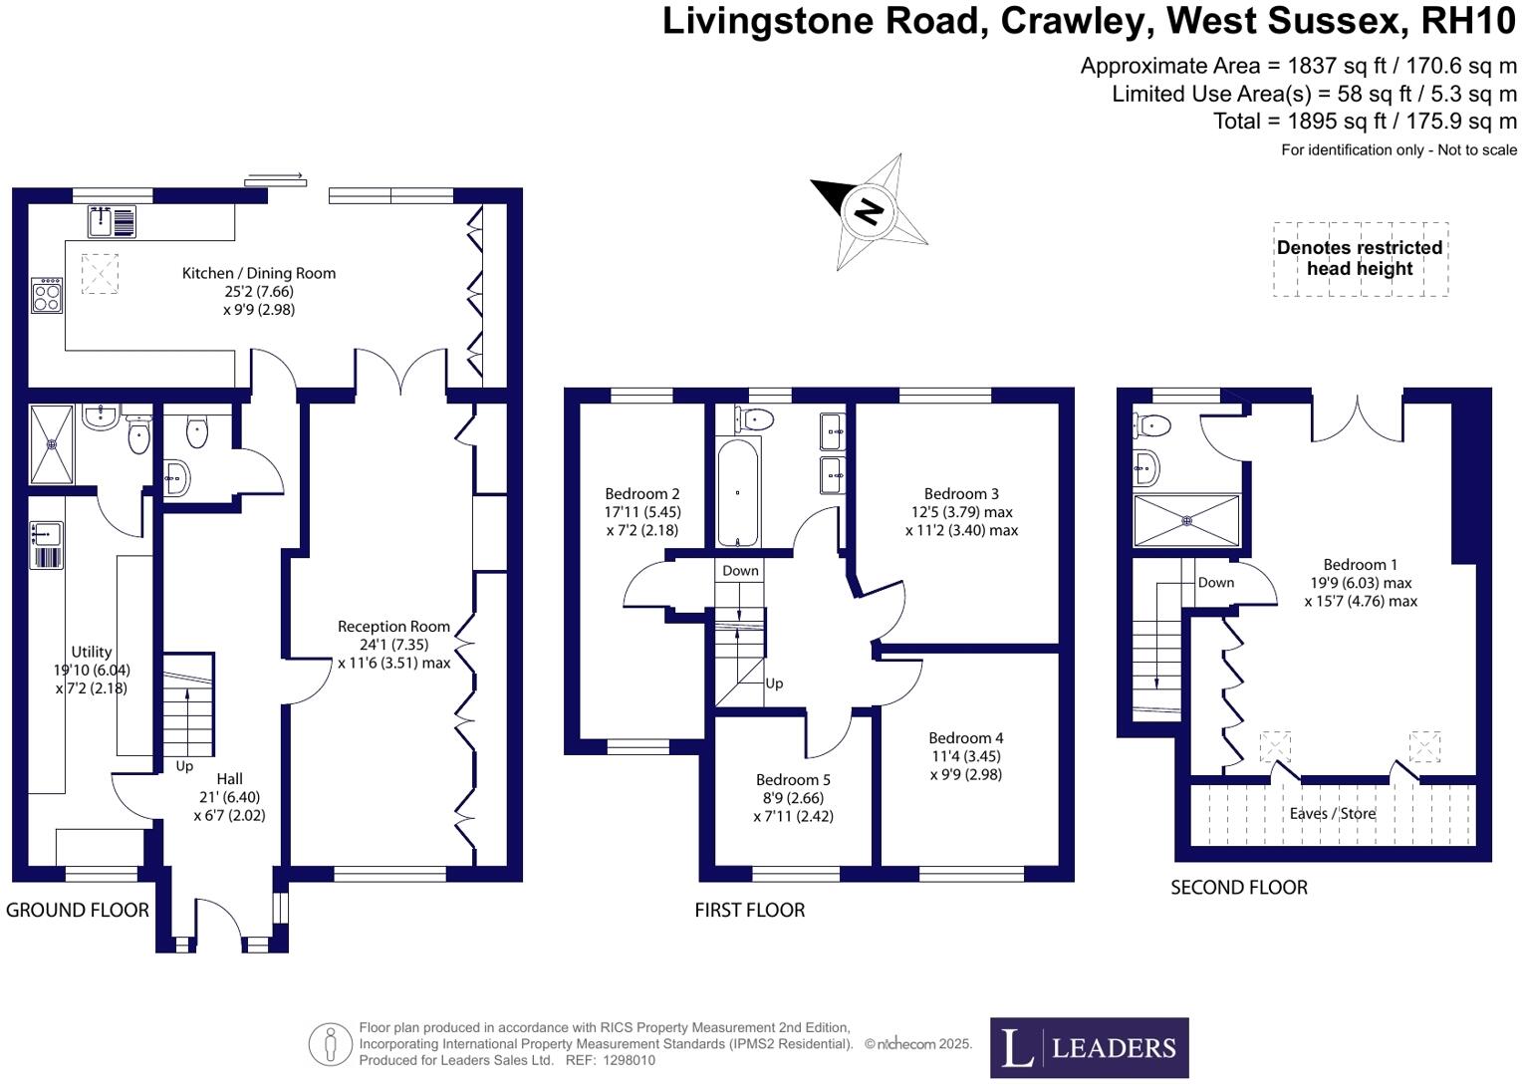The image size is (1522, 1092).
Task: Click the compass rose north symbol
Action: [870, 210]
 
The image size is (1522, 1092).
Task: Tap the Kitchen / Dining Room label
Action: [258, 273]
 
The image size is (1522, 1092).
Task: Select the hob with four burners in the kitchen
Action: [47, 296]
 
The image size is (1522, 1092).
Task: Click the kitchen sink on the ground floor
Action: [112, 221]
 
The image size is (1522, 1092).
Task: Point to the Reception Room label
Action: [393, 627]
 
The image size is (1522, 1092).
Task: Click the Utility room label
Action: [91, 653]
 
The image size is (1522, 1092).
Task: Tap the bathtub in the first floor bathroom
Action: [738, 491]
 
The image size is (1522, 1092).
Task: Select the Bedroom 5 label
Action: [793, 780]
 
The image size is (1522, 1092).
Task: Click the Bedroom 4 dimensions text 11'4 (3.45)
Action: [965, 756]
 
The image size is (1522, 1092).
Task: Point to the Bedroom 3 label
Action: [961, 494]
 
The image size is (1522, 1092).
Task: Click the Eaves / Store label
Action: [1332, 813]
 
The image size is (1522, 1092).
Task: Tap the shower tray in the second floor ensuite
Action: [1186, 521]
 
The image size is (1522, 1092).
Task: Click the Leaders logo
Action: [1089, 1047]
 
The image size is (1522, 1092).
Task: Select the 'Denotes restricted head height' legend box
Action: [1360, 259]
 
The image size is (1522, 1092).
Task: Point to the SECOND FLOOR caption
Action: [1238, 888]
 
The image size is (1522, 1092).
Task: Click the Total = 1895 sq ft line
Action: [1364, 122]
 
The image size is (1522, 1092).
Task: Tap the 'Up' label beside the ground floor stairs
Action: [184, 766]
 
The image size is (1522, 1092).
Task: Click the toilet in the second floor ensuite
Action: [1150, 425]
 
